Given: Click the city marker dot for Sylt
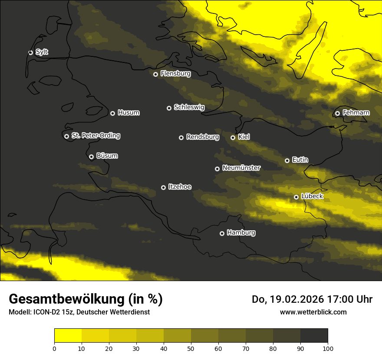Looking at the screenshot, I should tap(30, 52).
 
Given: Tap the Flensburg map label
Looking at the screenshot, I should tap(175, 74).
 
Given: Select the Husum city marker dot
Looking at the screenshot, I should tap(112, 113).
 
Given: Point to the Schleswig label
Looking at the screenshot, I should tap(189, 107).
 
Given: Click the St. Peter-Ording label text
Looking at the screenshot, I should tap(95, 136).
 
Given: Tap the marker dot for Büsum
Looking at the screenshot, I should tap(91, 157).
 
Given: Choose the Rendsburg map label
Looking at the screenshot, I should tap(202, 137).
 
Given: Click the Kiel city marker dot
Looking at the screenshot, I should tap(233, 137).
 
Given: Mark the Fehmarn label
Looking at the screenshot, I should tap(356, 113).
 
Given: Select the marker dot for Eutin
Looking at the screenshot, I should tap(287, 160).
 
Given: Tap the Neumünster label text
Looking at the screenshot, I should tap(241, 168).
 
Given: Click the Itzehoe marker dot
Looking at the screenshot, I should tap(163, 187).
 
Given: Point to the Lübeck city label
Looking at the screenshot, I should tap(312, 196).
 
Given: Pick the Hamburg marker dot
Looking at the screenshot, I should tap(222, 233).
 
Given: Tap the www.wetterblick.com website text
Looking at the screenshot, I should tap(313, 312).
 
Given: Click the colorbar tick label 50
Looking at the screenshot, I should tap(191, 348).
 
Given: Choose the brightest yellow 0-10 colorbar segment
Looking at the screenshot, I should tap(68, 336).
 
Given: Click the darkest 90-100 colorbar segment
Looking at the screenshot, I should tap(314, 336).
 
